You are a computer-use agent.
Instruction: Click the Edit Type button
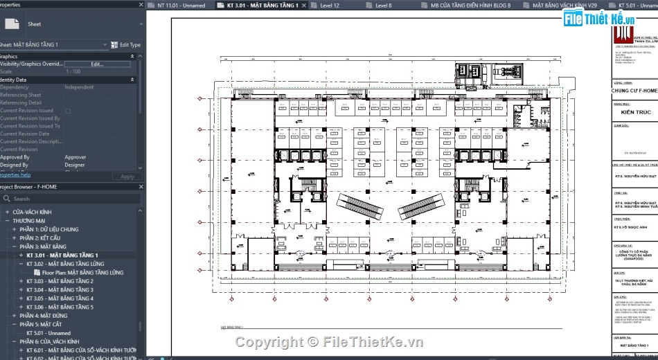coord(126,45)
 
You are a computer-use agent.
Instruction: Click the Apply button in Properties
coord(127,177)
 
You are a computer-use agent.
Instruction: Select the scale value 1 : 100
coord(73,71)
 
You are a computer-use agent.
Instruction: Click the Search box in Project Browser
coord(69,199)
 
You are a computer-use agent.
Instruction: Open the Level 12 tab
coord(329,6)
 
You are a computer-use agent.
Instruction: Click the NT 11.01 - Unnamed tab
coord(181,6)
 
